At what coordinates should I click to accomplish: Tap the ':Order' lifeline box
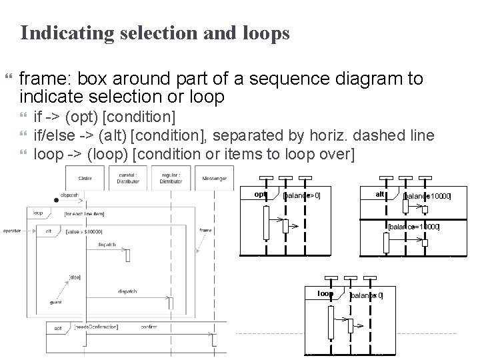[84, 179]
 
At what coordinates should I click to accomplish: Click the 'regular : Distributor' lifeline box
[171, 179]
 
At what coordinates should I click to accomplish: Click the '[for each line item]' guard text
[84, 214]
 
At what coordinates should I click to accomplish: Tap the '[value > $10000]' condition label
[84, 231]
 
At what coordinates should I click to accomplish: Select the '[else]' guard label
[74, 277]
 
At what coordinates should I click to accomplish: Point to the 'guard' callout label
[55, 302]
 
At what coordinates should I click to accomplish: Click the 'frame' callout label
[205, 230]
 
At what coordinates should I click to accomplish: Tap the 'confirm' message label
[149, 327]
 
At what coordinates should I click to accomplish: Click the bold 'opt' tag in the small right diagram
[261, 195]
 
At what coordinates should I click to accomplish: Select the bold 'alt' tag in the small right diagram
[380, 194]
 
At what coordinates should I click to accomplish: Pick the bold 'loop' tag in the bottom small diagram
[325, 293]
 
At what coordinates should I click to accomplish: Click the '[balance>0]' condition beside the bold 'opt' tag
[302, 196]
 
